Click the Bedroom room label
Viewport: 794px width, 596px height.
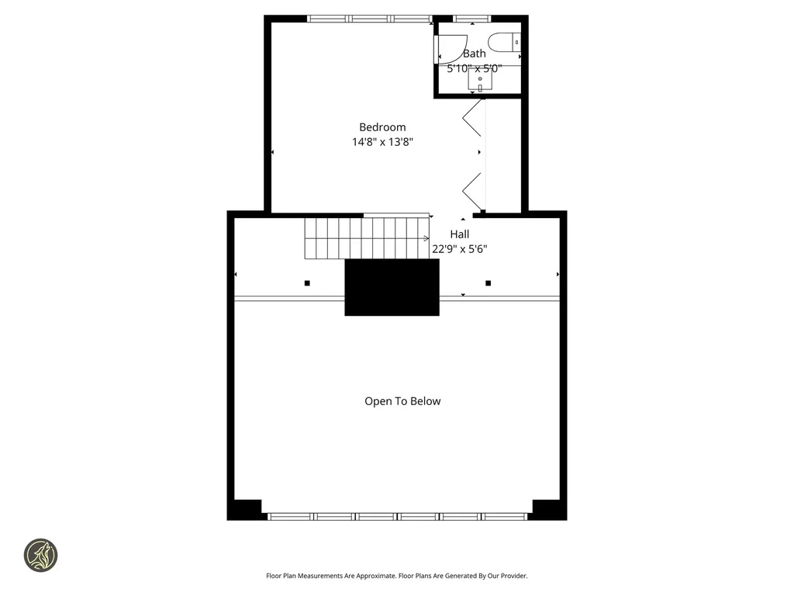381,127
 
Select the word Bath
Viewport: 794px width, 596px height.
474,54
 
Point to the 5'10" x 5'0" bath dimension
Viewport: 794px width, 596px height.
474,68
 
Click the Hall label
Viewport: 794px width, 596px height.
459,234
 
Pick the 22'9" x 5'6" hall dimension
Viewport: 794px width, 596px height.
459,249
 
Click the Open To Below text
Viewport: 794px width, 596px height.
402,401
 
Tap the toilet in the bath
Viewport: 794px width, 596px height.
505,42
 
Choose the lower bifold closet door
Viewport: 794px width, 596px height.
472,189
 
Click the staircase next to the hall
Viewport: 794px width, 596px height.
364,237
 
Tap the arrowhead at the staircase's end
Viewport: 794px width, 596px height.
427,239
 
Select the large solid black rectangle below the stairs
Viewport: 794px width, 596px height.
392,287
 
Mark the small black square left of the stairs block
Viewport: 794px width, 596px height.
307,283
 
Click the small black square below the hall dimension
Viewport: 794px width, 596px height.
488,283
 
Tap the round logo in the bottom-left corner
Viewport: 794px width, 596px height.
40,556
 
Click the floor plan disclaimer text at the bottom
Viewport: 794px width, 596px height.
396,576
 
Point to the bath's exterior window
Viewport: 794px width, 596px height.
471,19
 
